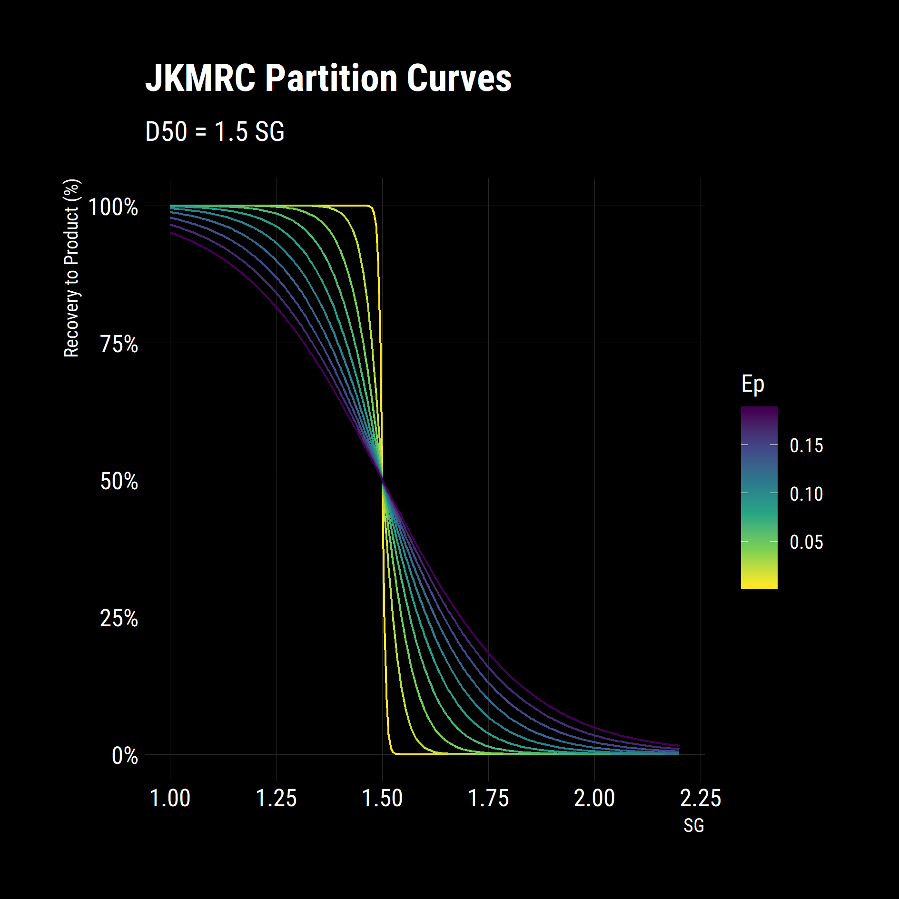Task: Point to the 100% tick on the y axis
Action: click(113, 207)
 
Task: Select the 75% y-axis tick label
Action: click(119, 344)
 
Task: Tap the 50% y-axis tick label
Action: click(119, 481)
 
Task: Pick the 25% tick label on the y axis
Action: click(119, 618)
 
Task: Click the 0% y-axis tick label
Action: click(125, 756)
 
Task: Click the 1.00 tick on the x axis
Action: click(170, 798)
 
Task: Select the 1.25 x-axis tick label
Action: click(276, 798)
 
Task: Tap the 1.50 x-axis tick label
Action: click(382, 798)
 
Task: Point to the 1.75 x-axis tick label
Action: click(488, 798)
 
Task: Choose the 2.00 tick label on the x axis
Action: click(594, 798)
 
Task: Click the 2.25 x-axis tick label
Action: click(701, 798)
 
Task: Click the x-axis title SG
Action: click(693, 826)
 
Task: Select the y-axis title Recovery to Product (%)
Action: click(71, 268)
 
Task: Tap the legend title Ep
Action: click(752, 384)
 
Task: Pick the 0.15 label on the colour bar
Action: click(806, 445)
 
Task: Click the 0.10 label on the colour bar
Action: click(806, 494)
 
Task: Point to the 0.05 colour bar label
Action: click(806, 542)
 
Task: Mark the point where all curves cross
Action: click(382, 480)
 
